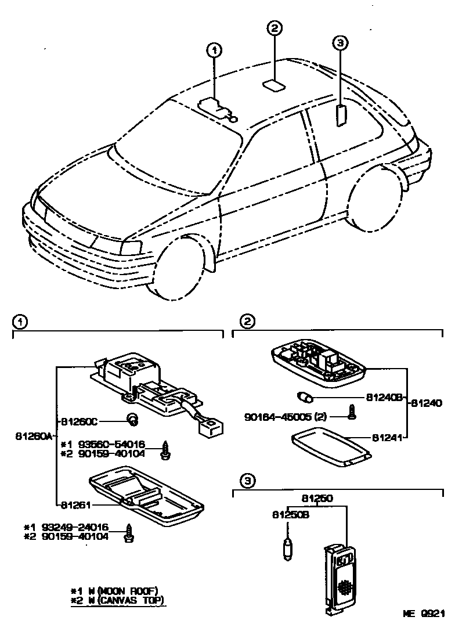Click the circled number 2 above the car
[x=275, y=28]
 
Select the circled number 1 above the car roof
[x=215, y=51]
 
